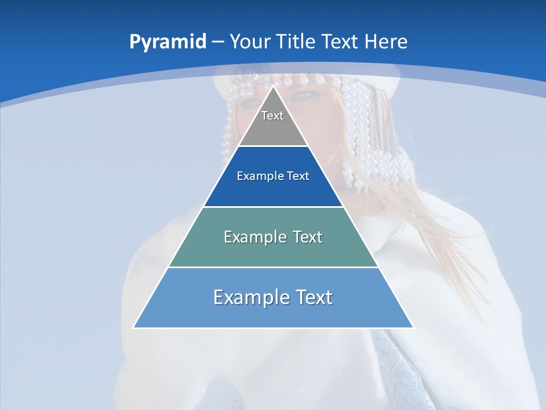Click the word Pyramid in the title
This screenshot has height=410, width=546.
click(168, 42)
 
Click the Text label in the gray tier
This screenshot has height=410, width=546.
click(272, 116)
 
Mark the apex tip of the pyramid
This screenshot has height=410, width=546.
click(273, 87)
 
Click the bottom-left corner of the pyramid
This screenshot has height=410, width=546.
click(134, 327)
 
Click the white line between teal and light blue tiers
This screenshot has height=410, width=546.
click(273, 267)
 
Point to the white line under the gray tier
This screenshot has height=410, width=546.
click(273, 146)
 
